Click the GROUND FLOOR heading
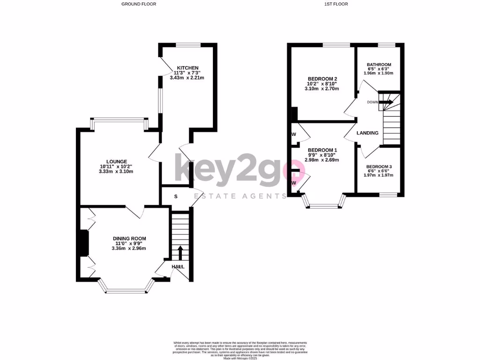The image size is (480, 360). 139,4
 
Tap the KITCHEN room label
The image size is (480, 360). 187,68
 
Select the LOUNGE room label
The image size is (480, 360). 116,162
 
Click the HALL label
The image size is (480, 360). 178,267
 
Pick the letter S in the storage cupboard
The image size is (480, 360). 176,196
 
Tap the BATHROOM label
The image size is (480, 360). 379,65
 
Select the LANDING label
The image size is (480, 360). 367,133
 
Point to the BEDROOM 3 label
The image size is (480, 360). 379,167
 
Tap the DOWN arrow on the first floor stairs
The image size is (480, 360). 387,102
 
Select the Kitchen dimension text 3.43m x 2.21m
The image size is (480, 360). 188,78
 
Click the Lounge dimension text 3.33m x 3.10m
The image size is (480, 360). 116,172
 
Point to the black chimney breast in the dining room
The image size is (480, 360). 83,243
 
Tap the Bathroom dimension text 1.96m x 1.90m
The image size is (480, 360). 379,73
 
